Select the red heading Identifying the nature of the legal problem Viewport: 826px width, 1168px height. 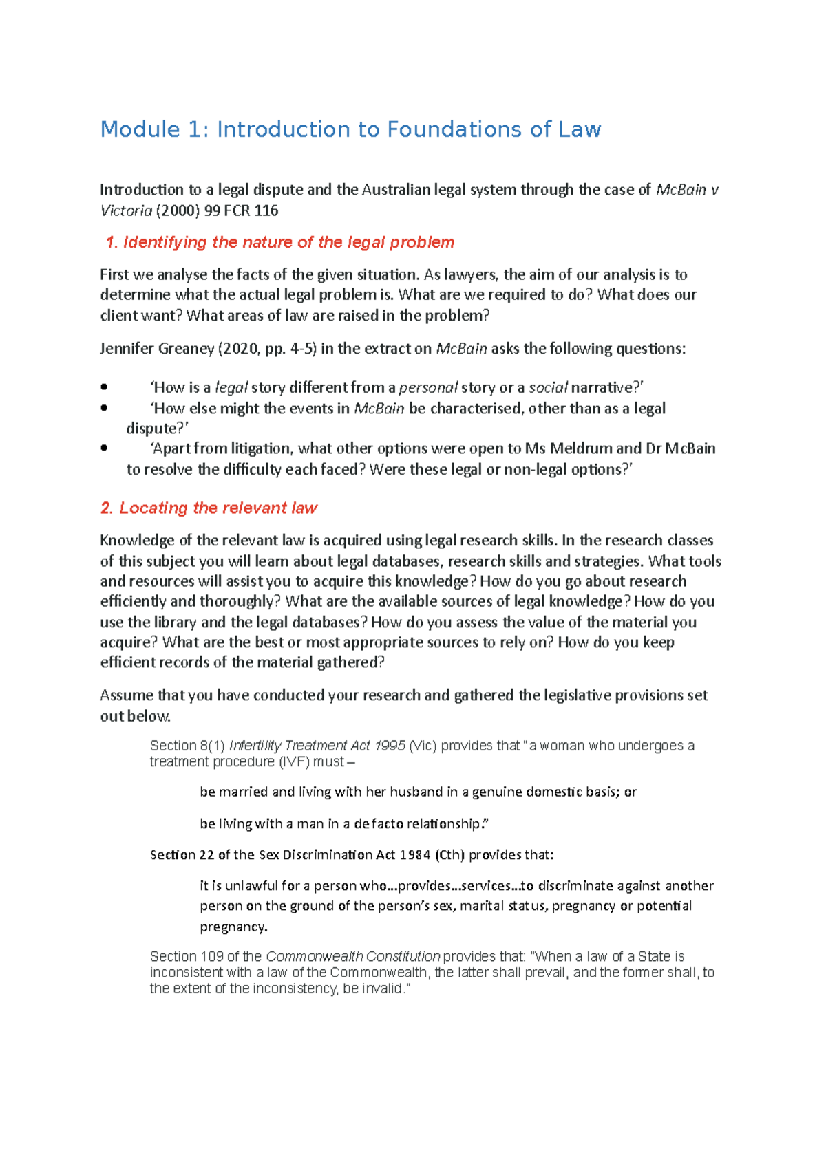click(280, 242)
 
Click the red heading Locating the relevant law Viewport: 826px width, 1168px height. click(209, 508)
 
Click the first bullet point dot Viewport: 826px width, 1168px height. click(104, 387)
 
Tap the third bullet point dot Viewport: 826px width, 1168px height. click(104, 448)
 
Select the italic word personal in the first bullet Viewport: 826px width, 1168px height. click(428, 387)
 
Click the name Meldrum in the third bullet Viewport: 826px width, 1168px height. click(578, 448)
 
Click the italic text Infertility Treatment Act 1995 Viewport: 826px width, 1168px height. click(317, 746)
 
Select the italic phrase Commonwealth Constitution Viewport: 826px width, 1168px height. click(352, 956)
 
